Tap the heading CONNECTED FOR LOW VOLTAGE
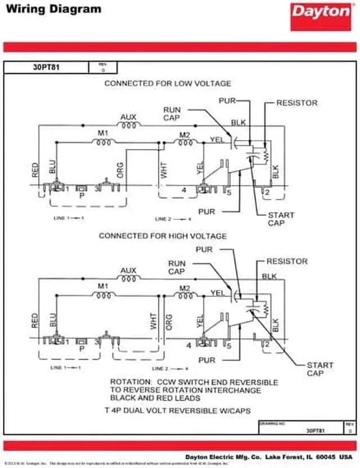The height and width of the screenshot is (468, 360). coord(168,83)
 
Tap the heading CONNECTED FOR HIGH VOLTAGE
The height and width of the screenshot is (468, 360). coord(163,236)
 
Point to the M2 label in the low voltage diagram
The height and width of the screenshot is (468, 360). coord(184,134)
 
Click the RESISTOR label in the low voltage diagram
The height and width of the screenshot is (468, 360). coord(296,103)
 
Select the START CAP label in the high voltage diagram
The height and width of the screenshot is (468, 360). coord(319,369)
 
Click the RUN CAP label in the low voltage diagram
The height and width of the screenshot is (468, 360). coord(172,113)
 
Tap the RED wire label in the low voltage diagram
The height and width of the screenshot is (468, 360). coord(35,170)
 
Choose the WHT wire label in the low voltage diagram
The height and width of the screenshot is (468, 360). coord(165,170)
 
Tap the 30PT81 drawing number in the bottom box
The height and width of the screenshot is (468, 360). coord(316,430)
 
